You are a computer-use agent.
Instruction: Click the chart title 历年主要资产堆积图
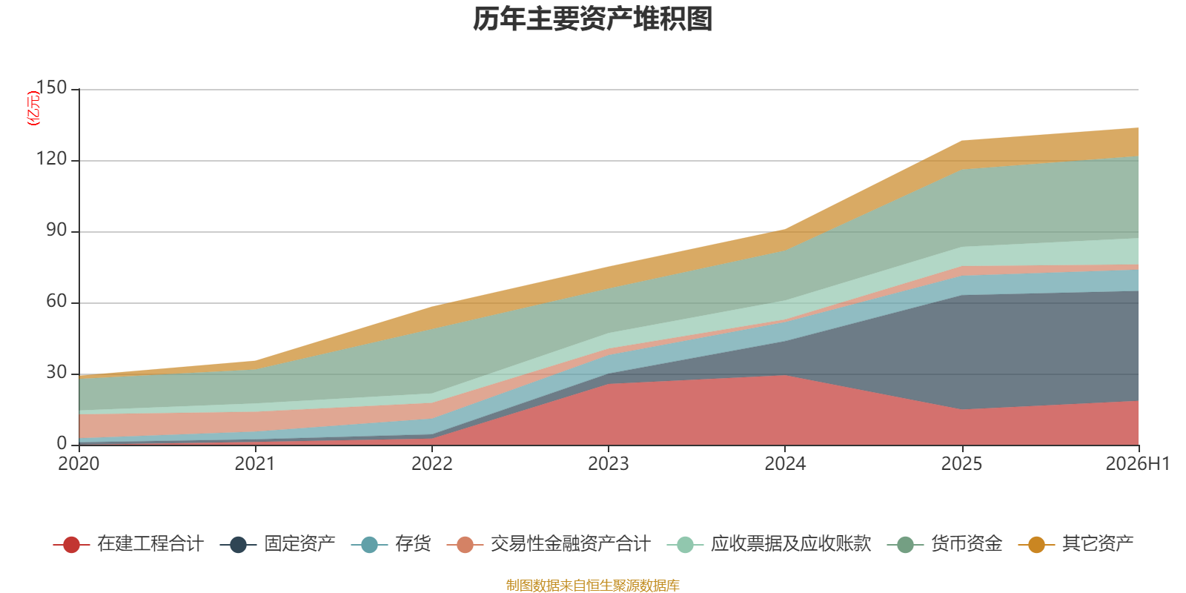click(x=592, y=19)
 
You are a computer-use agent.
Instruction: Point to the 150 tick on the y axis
click(x=51, y=88)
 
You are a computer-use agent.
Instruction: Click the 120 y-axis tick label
click(x=51, y=159)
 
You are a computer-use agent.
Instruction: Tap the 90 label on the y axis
click(x=56, y=231)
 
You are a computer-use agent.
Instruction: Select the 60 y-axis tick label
click(x=56, y=301)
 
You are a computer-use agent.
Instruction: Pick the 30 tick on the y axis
click(x=56, y=373)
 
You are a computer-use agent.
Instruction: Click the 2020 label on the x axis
click(x=79, y=464)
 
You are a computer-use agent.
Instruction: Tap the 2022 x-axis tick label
click(x=432, y=464)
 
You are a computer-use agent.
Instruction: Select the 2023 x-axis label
click(x=609, y=464)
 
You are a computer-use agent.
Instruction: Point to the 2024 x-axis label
click(x=785, y=464)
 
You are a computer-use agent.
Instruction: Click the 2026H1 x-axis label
click(x=1138, y=464)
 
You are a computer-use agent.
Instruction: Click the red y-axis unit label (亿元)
click(x=33, y=108)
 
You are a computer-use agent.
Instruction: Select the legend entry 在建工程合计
click(x=129, y=544)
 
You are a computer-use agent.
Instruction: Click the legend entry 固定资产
click(x=278, y=544)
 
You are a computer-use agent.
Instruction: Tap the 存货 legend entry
click(x=391, y=544)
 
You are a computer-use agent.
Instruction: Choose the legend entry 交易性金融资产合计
click(x=549, y=544)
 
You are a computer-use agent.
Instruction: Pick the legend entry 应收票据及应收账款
click(x=769, y=544)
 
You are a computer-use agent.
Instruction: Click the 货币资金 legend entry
click(x=945, y=544)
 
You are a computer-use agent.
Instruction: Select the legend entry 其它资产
click(x=1076, y=544)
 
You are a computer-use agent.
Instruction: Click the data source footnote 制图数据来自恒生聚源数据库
click(x=592, y=585)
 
